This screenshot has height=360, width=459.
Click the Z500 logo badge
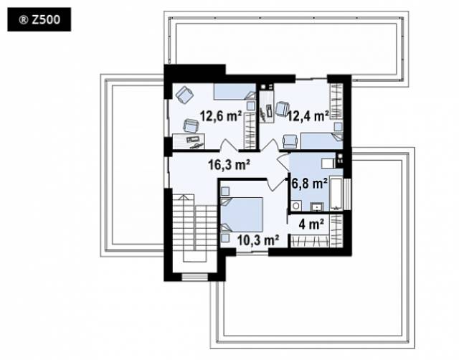tap(39, 19)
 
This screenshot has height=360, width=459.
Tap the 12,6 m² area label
tap(221, 116)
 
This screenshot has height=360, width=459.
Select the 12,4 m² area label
tap(308, 116)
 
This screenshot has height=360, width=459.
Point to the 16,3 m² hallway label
tap(229, 164)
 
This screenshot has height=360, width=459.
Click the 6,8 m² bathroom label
tap(310, 184)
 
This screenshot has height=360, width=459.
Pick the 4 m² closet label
tap(311, 224)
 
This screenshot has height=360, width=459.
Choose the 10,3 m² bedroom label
tap(258, 240)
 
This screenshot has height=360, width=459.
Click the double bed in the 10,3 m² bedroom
tap(242, 215)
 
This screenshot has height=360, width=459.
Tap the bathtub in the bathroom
tap(336, 193)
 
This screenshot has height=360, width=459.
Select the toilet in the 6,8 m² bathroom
tap(295, 206)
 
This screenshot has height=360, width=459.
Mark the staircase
tap(194, 228)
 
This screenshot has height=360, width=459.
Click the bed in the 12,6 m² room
tap(235, 92)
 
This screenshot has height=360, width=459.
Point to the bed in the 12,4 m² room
tap(322, 141)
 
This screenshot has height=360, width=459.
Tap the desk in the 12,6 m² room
tap(189, 141)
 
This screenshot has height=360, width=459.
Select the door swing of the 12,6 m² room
tap(229, 145)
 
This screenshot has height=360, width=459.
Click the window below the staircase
tap(194, 277)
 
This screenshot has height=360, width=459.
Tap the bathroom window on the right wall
tap(347, 194)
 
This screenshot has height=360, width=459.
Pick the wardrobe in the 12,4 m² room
tap(336, 101)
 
